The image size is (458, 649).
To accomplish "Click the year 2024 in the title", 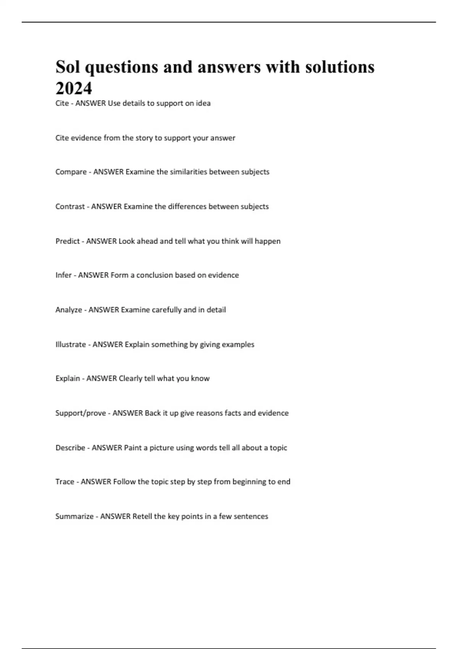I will tap(74, 89).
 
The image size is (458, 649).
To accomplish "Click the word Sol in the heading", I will tap(69, 67).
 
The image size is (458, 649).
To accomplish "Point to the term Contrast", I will tap(70, 207).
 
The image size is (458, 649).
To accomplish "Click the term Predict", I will tap(68, 241).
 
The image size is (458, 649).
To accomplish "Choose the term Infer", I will tap(63, 275).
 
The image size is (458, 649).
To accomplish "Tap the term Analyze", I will tap(69, 310).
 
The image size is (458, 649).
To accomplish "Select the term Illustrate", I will tap(71, 344).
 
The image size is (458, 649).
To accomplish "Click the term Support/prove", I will tap(81, 413).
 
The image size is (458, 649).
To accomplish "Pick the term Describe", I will tap(70, 448).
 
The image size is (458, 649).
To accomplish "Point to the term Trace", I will tap(65, 482).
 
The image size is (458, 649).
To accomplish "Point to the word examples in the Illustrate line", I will tap(238, 344).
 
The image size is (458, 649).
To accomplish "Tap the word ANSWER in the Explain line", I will tap(102, 379).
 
